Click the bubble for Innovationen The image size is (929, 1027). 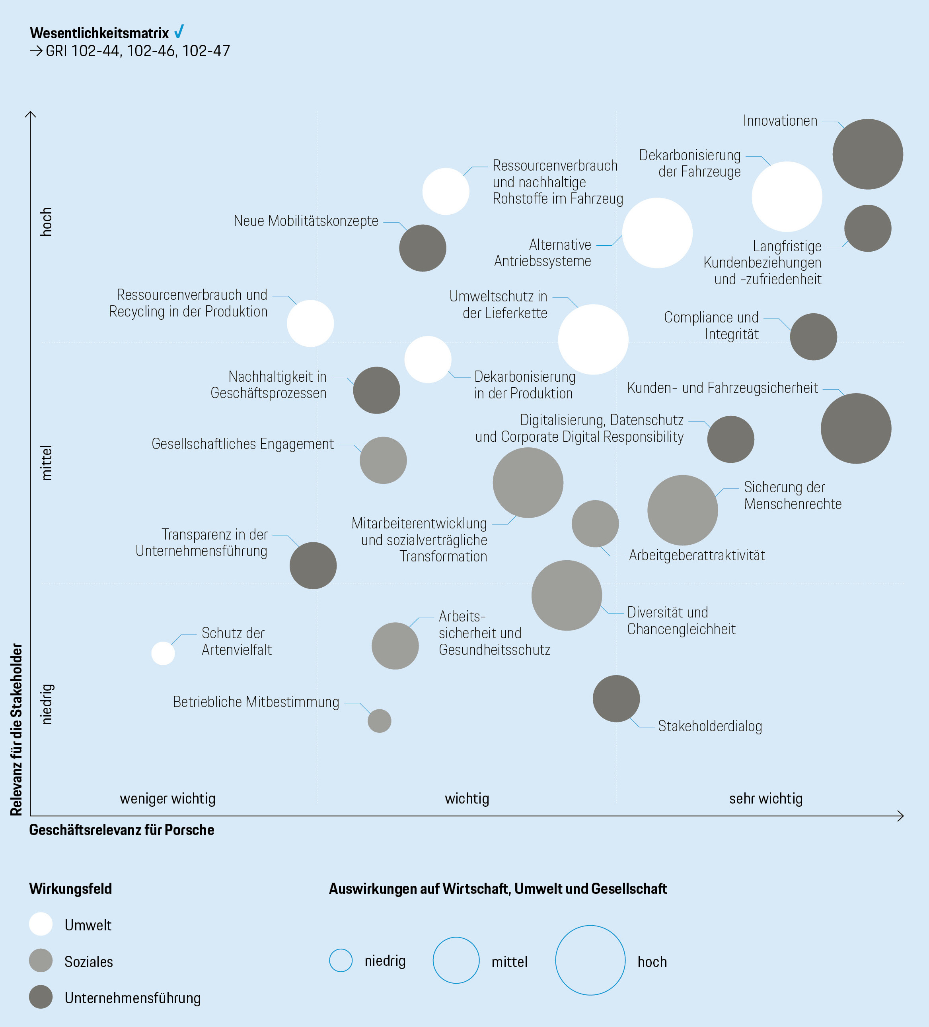pos(867,154)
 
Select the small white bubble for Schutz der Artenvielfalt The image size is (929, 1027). pos(163,653)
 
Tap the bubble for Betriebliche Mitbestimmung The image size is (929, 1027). pos(379,721)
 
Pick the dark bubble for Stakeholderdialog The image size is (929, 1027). pos(616,699)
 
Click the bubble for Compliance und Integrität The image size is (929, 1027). pos(813,337)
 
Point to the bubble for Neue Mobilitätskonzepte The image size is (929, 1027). pos(423,248)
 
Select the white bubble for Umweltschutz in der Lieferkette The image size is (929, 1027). pos(593,339)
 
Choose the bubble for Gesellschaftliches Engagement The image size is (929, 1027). pos(383,460)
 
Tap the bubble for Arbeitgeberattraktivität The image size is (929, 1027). pos(595,524)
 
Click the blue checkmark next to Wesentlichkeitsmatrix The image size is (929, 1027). pos(179,32)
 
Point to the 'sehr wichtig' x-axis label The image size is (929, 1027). pos(766,799)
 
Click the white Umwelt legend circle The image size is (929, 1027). pos(41,924)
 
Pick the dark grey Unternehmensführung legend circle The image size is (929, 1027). pos(41,997)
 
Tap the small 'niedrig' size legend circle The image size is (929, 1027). pos(341,960)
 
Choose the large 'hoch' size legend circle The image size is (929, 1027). pos(590,960)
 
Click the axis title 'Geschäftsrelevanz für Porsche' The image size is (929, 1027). pos(121,830)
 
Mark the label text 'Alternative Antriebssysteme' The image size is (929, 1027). pos(543,253)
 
